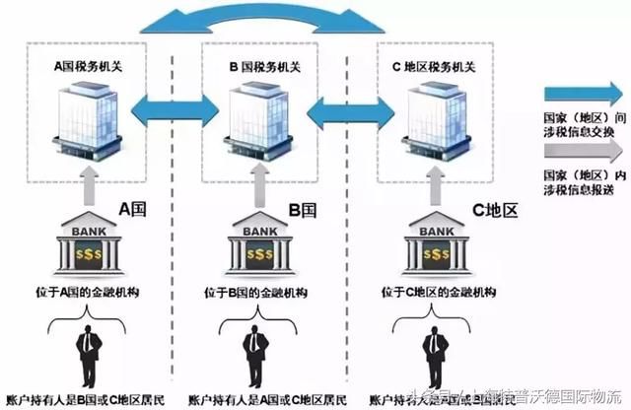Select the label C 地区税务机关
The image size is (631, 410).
pyautogui.click(x=434, y=69)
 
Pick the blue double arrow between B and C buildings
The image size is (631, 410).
pyautogui.click(x=346, y=105)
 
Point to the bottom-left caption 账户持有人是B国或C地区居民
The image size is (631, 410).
pyautogui.click(x=90, y=400)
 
